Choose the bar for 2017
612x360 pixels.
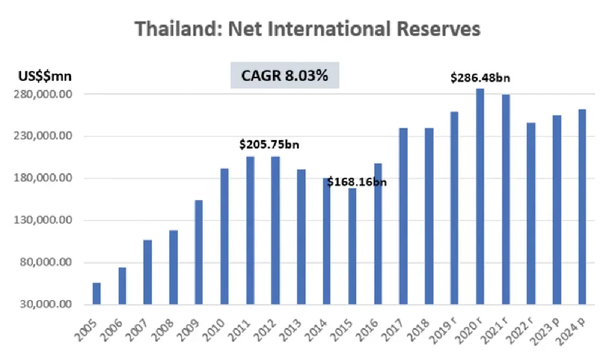coord(403,216)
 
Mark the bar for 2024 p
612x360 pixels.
coord(582,207)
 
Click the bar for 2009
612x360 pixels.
coord(198,252)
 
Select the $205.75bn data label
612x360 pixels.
coord(269,145)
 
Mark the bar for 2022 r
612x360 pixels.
coord(530,214)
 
